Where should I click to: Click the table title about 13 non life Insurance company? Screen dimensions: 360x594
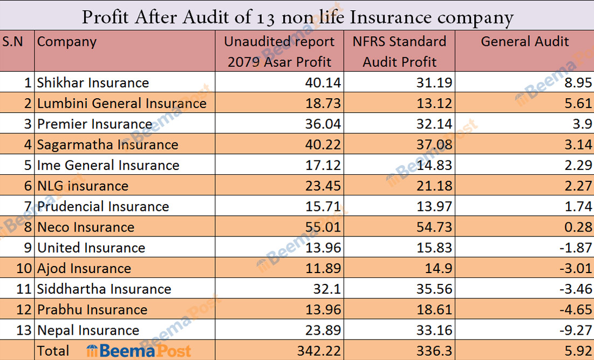click(x=297, y=17)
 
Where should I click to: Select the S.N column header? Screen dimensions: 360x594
click(x=13, y=42)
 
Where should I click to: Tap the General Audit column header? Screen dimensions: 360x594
click(x=524, y=42)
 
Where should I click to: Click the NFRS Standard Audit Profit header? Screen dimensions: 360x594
click(x=399, y=51)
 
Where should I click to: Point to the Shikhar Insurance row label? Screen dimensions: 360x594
click(x=93, y=83)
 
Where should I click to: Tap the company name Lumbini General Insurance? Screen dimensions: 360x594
click(x=121, y=103)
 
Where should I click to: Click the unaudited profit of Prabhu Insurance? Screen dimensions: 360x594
click(x=322, y=310)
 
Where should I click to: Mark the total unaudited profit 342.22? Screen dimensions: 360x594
click(x=319, y=351)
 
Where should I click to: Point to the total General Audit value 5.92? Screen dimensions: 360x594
click(x=578, y=351)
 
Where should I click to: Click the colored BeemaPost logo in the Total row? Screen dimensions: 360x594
click(x=139, y=351)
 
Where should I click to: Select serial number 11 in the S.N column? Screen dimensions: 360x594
click(x=24, y=289)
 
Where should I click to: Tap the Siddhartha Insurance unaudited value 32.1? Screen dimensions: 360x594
click(x=327, y=289)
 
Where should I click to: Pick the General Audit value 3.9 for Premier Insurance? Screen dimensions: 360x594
click(x=583, y=124)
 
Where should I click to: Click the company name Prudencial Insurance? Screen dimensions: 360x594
click(x=103, y=207)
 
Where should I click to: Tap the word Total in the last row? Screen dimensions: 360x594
click(x=53, y=351)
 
